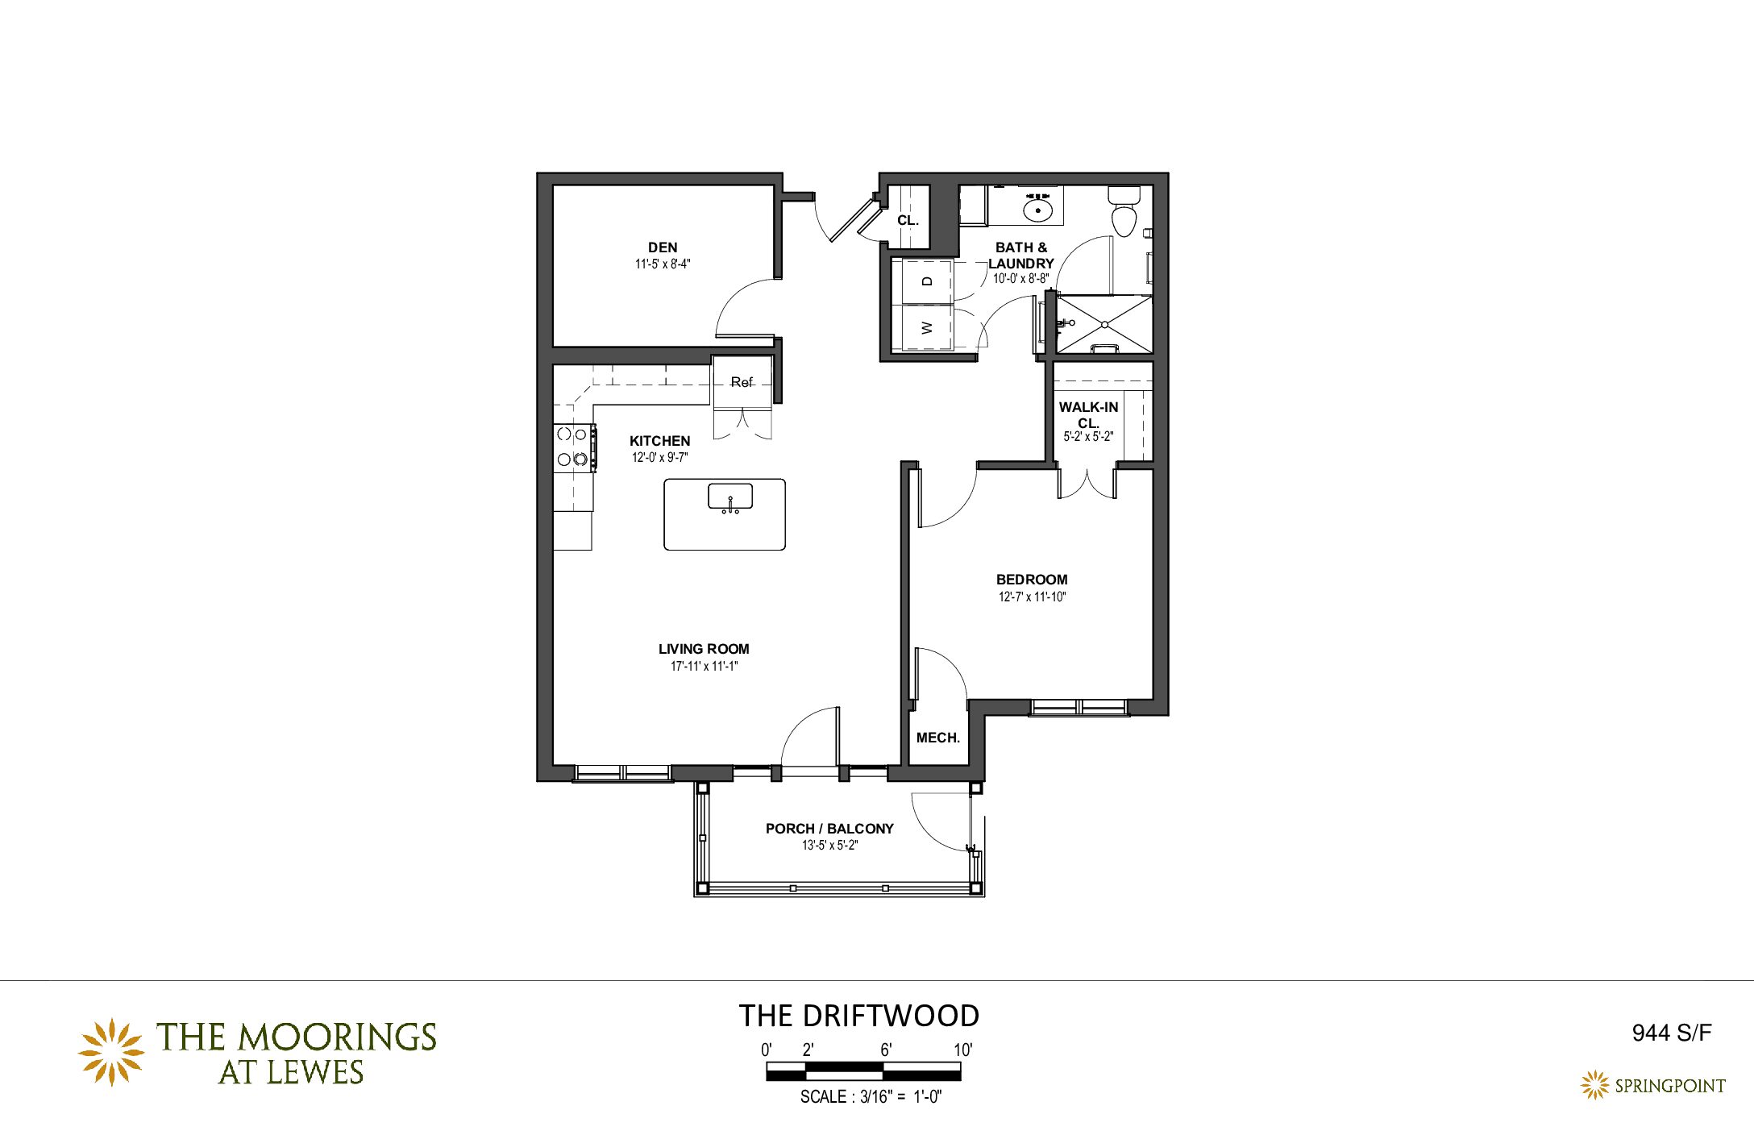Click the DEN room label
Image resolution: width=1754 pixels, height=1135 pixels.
tap(663, 247)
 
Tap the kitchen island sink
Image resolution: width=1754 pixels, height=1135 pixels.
tap(730, 497)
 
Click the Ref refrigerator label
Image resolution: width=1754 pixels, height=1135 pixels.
tap(742, 382)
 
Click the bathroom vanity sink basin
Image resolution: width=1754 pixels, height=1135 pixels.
tap(1038, 211)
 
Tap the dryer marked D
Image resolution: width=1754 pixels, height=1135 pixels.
tap(927, 281)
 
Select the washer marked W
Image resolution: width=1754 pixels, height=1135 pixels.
tap(927, 327)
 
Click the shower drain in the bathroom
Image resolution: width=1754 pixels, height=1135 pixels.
tap(1105, 324)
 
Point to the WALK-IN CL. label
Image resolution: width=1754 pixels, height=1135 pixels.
tap(1088, 414)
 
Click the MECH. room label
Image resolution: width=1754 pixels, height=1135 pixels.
tap(938, 738)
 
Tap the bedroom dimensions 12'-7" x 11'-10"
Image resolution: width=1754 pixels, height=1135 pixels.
tap(1032, 597)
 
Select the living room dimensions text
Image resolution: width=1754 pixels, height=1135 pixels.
tap(704, 667)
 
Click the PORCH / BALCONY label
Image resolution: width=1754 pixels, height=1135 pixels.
tap(829, 829)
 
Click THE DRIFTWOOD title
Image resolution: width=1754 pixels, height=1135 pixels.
tap(859, 1016)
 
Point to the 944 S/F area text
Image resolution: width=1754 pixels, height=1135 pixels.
tap(1671, 1033)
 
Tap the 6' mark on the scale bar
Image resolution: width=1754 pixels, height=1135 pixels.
tap(886, 1050)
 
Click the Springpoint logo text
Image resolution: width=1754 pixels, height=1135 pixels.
tap(1670, 1086)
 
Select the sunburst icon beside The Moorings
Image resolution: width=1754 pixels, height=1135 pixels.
tap(111, 1052)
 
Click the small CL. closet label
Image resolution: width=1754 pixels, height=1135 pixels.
tap(908, 220)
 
